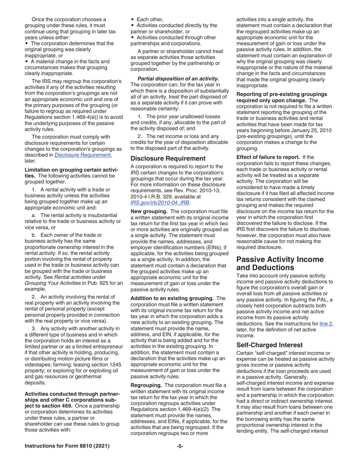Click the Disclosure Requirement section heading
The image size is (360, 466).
[168, 158]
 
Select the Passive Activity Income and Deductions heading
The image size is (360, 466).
[280, 264]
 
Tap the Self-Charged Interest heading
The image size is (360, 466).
[269, 345]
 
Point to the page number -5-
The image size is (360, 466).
[180, 446]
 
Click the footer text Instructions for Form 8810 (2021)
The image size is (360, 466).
[67, 446]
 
